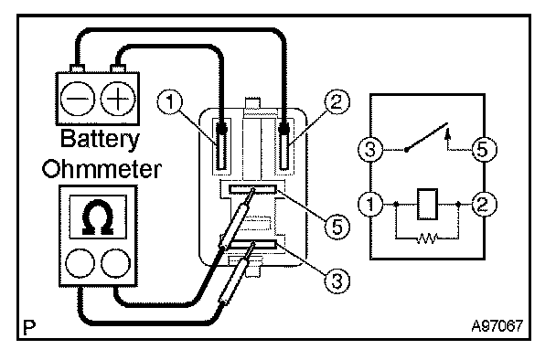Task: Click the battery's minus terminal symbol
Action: click(78, 98)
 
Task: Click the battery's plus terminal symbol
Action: click(118, 98)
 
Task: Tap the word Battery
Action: click(100, 140)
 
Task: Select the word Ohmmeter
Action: click(102, 169)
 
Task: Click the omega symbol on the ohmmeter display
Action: click(98, 217)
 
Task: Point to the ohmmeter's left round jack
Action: click(80, 263)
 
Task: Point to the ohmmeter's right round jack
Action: click(115, 263)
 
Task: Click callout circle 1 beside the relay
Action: click(170, 102)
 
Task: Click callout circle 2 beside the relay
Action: click(337, 102)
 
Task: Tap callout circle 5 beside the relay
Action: click(337, 227)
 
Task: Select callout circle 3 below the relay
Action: click(337, 281)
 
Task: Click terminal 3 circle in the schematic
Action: click(370, 149)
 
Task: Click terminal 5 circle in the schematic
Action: click(484, 149)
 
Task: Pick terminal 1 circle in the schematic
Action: click(370, 204)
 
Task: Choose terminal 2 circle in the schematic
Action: click(484, 204)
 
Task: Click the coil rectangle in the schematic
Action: click(427, 205)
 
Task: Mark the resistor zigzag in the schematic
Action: click(427, 238)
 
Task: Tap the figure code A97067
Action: click(497, 326)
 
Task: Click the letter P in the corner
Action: click(29, 328)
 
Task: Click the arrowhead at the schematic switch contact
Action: click(447, 133)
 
